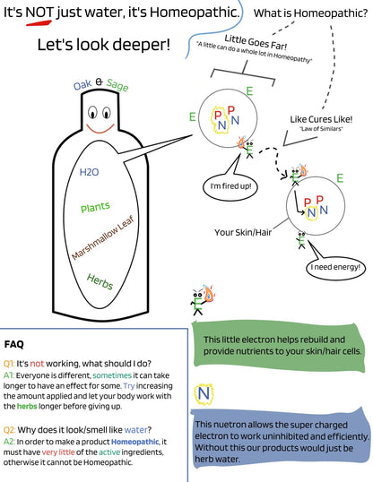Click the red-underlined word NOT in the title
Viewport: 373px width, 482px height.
(39, 13)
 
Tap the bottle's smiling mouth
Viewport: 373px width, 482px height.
(100, 129)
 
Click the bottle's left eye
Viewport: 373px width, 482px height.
(92, 113)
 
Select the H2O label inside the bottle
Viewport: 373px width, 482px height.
(90, 172)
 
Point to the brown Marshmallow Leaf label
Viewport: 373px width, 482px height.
(103, 237)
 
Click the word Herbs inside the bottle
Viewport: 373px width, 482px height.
(100, 281)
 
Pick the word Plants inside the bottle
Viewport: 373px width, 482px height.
(95, 207)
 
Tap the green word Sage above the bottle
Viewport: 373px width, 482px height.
(117, 84)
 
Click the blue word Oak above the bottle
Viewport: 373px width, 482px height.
(82, 85)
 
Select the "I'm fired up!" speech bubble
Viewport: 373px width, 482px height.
(230, 187)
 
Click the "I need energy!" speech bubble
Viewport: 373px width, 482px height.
(335, 267)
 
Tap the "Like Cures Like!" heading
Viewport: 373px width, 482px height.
(321, 119)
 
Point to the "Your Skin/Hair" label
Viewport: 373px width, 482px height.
(243, 232)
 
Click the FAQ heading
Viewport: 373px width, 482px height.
(13, 344)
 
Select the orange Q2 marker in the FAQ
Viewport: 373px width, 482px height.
(9, 429)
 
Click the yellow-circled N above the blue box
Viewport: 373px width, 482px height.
(204, 394)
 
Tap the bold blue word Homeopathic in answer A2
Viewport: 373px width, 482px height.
(134, 442)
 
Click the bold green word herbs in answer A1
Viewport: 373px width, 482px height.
(27, 406)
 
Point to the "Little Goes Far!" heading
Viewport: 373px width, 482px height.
(256, 42)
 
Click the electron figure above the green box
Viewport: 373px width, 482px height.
(204, 300)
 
